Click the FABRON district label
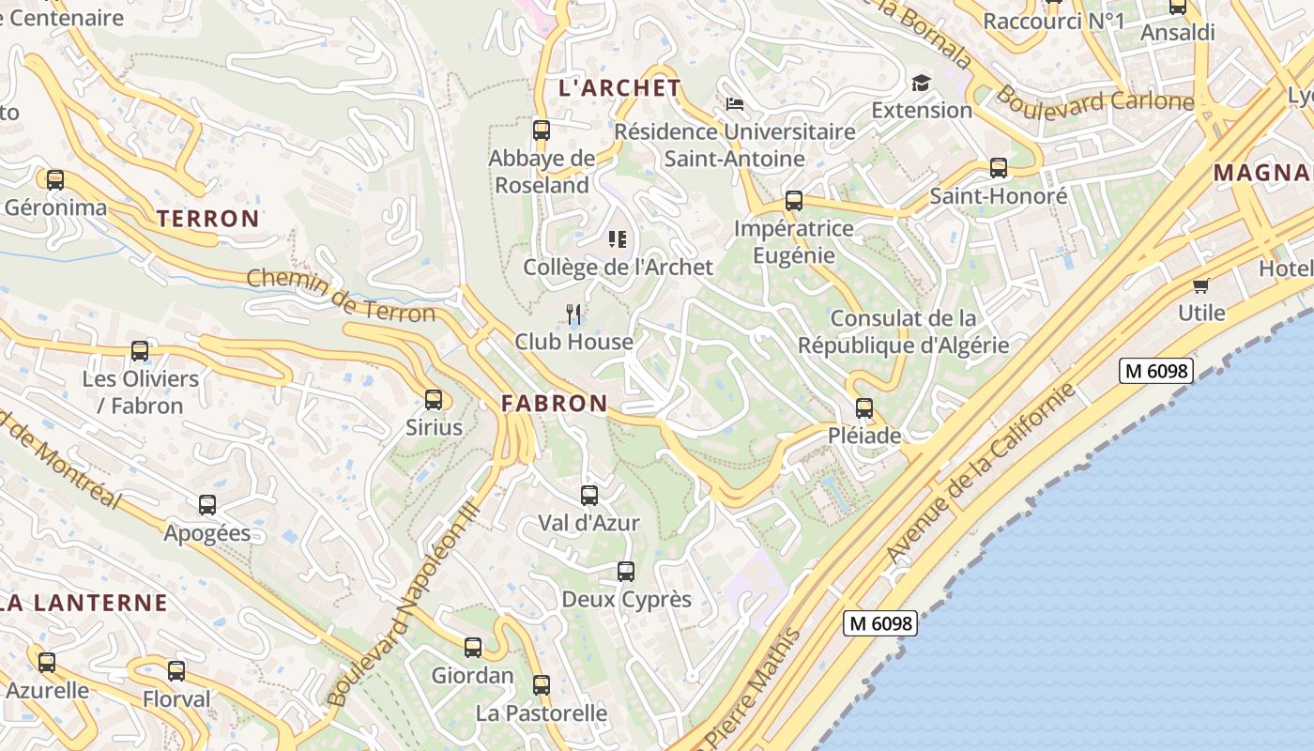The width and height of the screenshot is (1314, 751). [554, 404]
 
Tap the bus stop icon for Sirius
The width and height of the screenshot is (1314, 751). [434, 400]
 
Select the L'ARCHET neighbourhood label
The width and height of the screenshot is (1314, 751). [619, 88]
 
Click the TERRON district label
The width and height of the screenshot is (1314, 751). [207, 219]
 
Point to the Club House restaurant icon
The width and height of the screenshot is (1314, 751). [574, 314]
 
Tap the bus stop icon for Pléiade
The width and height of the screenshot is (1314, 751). [864, 408]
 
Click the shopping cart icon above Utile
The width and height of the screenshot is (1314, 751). [1200, 285]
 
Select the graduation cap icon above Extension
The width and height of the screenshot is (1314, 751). [920, 83]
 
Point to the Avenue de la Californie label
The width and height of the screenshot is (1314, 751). [981, 474]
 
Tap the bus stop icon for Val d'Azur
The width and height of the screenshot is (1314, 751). [589, 495]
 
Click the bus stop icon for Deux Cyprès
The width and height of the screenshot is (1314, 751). [626, 571]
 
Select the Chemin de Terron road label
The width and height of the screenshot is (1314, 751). [341, 296]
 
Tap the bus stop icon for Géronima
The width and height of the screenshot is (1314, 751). [55, 179]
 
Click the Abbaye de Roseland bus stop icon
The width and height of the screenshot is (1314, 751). [542, 130]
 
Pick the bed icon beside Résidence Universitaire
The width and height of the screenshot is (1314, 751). [735, 103]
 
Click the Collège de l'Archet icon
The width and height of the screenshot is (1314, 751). [617, 239]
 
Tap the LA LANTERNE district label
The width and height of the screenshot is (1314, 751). [83, 603]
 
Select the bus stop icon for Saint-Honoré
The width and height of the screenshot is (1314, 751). [999, 168]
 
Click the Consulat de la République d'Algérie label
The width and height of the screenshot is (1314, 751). [903, 331]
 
